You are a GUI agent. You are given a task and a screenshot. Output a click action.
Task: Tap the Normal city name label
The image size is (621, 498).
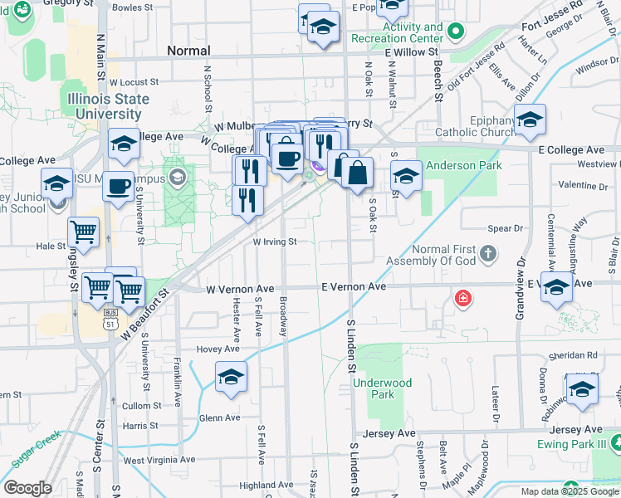188,51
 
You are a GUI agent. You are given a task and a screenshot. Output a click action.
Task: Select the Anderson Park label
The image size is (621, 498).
464,165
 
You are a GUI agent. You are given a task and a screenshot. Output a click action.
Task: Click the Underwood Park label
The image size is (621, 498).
382,388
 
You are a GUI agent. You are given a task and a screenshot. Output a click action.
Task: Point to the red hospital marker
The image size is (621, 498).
462,297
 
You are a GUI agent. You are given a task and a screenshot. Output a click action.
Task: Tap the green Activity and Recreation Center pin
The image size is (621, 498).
455,32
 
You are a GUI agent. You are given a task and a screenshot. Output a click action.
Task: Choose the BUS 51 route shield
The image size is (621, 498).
110,320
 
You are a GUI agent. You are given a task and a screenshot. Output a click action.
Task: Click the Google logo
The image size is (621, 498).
27,488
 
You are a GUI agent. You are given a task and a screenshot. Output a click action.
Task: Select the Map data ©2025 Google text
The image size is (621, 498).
570,491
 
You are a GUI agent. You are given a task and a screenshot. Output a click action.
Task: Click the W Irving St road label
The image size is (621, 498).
275,242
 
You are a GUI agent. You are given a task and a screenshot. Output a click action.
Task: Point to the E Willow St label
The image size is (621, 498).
412,51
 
